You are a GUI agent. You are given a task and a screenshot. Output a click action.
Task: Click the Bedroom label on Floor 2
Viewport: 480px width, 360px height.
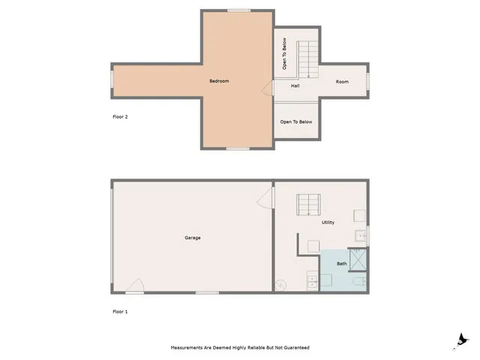(x=218, y=81)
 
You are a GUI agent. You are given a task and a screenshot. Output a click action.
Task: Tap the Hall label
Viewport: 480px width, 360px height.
(x=286, y=85)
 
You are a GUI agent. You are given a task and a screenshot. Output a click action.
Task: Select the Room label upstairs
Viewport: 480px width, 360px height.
(x=342, y=81)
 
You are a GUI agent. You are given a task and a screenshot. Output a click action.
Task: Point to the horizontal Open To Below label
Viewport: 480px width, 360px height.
(x=296, y=121)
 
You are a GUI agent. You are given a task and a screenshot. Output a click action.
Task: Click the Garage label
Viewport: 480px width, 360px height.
(x=193, y=238)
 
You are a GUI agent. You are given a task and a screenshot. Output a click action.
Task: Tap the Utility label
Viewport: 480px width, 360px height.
(x=328, y=223)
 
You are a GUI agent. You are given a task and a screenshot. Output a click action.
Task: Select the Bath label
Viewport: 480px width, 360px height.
(x=342, y=263)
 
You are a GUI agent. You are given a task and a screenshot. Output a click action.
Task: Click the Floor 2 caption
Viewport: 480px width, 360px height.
(x=120, y=117)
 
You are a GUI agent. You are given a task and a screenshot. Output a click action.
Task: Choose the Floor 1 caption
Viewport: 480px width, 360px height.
(x=120, y=310)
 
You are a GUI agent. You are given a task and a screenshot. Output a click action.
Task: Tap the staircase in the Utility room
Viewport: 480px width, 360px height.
(x=309, y=204)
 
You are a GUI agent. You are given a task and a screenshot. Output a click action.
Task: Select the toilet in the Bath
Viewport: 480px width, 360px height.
(x=360, y=282)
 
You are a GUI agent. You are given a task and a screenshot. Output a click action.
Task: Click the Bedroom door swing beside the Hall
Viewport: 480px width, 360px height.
(x=267, y=88)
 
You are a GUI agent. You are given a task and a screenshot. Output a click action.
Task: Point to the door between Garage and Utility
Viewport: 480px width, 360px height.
(x=265, y=198)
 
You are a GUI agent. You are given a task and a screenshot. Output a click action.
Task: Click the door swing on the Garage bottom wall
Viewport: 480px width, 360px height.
(x=135, y=284)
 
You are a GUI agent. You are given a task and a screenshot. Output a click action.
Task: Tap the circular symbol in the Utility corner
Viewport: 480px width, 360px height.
(x=281, y=284)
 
